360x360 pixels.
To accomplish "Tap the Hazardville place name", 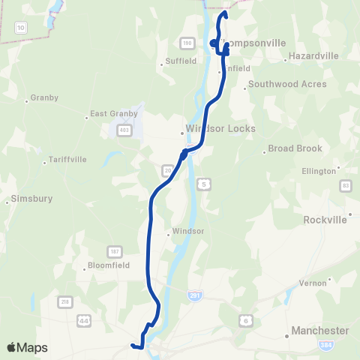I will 313,56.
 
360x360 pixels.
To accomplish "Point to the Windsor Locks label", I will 220,129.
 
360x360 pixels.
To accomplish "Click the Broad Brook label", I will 295,148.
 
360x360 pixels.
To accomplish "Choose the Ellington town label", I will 319,171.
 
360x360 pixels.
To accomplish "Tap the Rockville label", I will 325,220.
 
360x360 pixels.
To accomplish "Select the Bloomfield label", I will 109,265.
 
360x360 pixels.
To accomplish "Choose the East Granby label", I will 114,114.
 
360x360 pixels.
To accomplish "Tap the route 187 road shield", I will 115,250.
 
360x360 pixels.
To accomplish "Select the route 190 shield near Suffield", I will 187,44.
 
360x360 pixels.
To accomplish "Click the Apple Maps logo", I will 27,347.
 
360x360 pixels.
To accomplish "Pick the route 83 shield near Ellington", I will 346,185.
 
